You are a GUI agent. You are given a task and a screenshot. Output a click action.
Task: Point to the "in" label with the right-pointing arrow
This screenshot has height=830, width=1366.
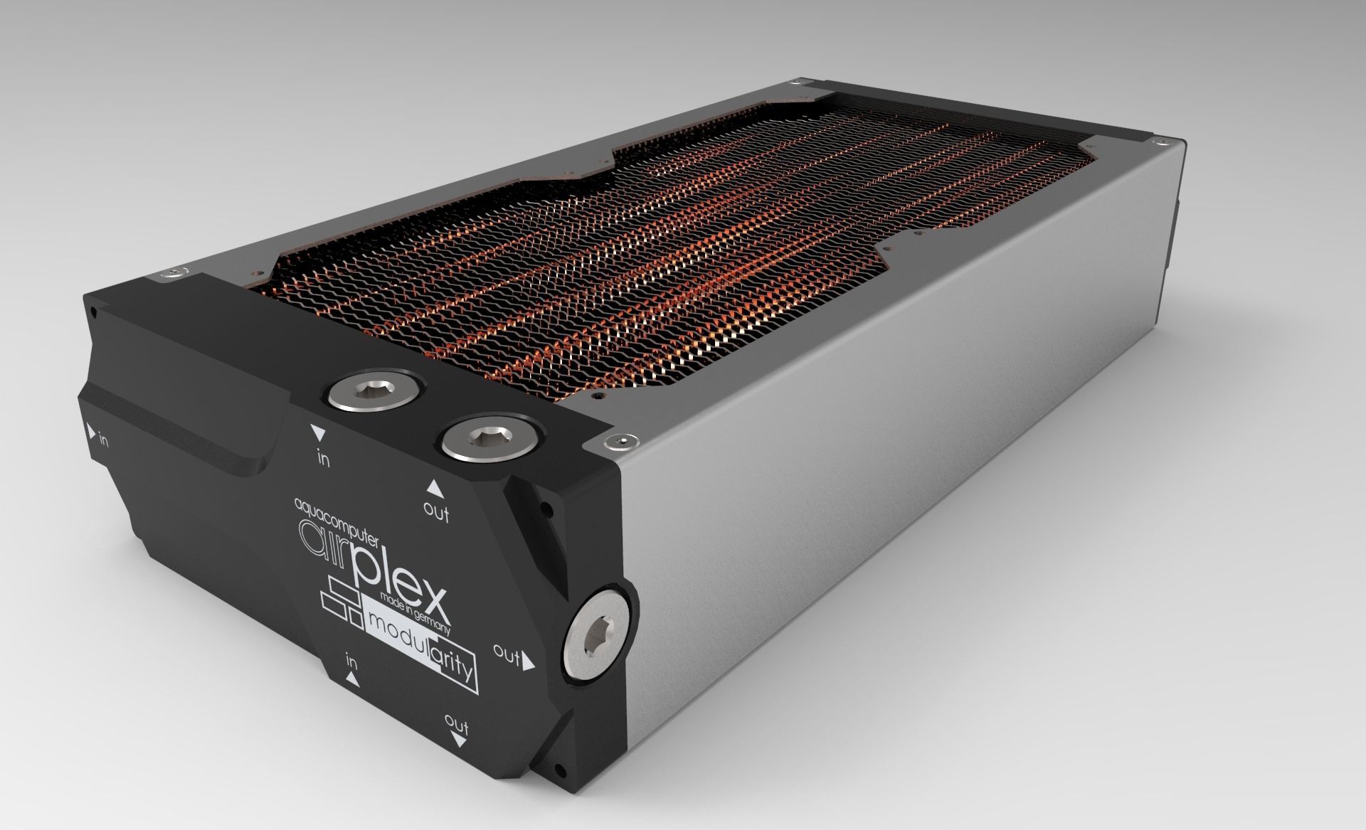(97, 435)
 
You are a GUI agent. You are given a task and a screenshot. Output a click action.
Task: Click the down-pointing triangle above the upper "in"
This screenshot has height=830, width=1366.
(318, 432)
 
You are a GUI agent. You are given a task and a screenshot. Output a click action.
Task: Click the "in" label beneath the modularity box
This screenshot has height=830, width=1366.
(351, 661)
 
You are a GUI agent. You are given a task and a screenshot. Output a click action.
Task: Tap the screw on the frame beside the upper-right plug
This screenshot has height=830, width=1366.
(624, 442)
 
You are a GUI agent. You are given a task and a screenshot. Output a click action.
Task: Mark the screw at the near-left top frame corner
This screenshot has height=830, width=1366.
(173, 272)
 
